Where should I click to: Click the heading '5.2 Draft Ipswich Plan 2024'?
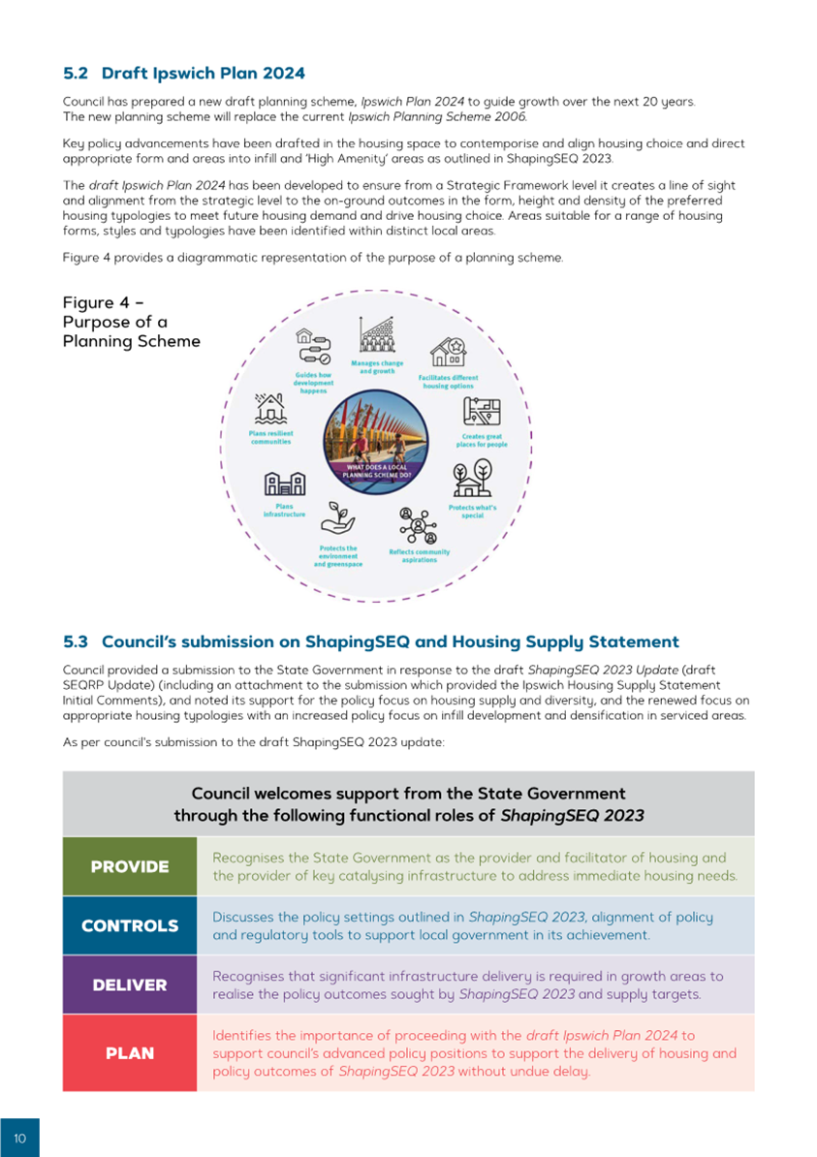[x=183, y=74]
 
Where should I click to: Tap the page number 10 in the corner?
[x=19, y=1138]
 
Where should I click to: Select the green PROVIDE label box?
[x=130, y=866]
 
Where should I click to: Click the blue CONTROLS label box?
[x=130, y=925]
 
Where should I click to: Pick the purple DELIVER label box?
[x=130, y=985]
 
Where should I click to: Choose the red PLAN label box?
[x=130, y=1052]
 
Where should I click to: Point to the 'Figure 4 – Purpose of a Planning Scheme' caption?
[x=131, y=322]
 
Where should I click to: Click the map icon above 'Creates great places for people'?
[x=482, y=411]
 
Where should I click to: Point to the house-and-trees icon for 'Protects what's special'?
[x=472, y=480]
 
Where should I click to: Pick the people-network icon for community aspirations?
[x=419, y=525]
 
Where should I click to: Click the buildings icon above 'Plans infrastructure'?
[x=284, y=484]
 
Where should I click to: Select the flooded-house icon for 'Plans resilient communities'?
[x=270, y=408]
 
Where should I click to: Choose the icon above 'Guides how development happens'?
[x=314, y=346]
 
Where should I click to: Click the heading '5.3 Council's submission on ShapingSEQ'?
[x=370, y=641]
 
